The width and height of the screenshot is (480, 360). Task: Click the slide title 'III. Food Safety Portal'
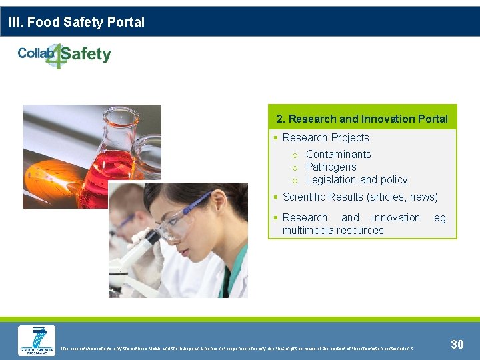pyautogui.click(x=77, y=22)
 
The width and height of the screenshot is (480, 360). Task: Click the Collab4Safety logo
pyautogui.click(x=64, y=55)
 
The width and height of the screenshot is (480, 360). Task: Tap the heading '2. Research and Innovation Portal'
pyautogui.click(x=362, y=119)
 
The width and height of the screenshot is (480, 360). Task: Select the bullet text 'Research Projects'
pyautogui.click(x=325, y=137)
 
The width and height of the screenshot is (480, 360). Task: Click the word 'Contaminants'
pyautogui.click(x=338, y=154)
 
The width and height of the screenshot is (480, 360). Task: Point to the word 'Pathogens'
pyautogui.click(x=331, y=167)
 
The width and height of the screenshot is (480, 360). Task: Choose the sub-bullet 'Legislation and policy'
pyautogui.click(x=356, y=179)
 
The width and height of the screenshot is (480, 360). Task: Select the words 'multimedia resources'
pyautogui.click(x=333, y=230)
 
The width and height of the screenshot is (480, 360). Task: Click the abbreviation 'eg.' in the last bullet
pyautogui.click(x=441, y=217)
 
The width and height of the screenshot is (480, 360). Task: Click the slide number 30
pyautogui.click(x=457, y=344)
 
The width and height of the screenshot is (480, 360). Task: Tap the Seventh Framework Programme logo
pyautogui.click(x=36, y=341)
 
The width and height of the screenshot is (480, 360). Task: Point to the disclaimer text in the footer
pyautogui.click(x=237, y=348)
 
